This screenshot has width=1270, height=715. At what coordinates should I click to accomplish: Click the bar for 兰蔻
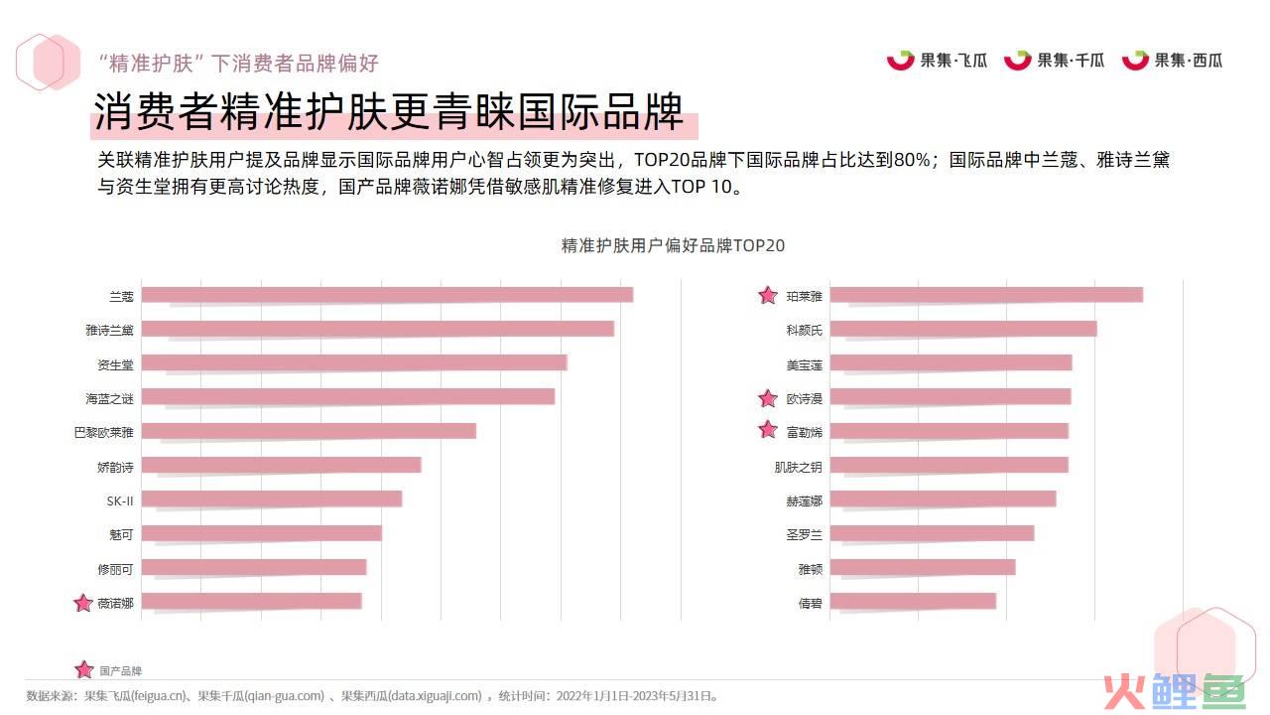click(387, 295)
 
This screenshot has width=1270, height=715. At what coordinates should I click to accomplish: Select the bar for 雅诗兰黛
click(377, 329)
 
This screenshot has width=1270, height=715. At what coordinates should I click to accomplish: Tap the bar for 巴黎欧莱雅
click(309, 431)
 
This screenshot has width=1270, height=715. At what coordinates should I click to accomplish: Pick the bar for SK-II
click(271, 499)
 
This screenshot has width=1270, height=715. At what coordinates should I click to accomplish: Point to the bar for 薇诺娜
click(251, 601)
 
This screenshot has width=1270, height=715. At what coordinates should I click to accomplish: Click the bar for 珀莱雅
click(986, 295)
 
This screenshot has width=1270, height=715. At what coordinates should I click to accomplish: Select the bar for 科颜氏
click(962, 329)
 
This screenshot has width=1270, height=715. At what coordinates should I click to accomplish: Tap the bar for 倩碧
click(913, 601)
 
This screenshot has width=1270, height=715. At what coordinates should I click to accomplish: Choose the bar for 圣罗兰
click(932, 533)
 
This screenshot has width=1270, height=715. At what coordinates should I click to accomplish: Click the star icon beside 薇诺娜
click(83, 603)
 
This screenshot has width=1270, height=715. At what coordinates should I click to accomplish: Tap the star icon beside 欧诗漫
click(767, 398)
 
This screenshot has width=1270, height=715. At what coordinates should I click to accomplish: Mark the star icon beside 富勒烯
click(767, 430)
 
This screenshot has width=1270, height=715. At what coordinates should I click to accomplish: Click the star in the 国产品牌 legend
click(84, 669)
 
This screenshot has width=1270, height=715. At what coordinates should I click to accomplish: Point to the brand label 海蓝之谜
click(109, 398)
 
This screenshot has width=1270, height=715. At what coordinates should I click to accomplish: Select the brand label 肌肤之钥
click(798, 466)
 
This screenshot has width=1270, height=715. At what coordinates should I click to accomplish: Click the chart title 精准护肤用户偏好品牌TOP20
click(674, 245)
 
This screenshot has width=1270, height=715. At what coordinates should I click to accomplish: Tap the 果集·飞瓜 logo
click(938, 60)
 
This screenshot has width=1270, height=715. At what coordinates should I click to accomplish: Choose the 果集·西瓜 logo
click(1172, 60)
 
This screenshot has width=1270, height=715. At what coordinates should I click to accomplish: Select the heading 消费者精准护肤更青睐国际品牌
click(389, 113)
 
